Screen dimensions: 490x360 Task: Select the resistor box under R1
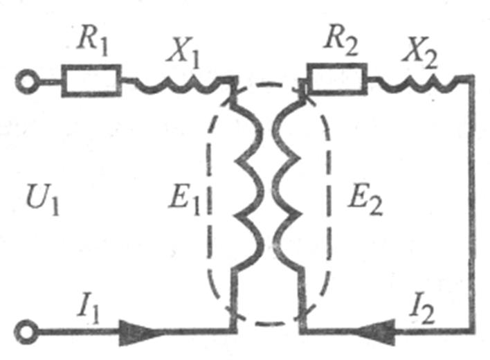click(x=91, y=80)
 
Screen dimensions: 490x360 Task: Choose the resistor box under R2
click(x=337, y=80)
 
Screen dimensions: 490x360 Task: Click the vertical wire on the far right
click(x=473, y=208)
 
